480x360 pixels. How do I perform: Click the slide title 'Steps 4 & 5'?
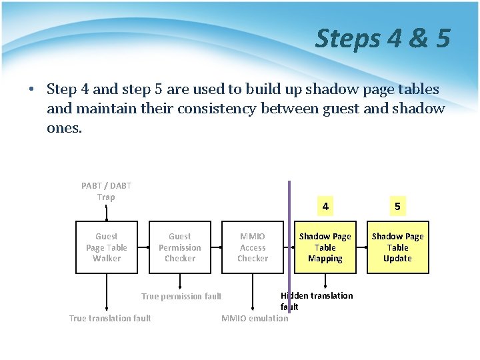tap(383, 38)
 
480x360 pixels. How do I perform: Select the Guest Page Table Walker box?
tap(107, 247)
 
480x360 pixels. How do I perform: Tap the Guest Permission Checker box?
tap(179, 247)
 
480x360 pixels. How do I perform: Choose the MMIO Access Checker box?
tap(253, 247)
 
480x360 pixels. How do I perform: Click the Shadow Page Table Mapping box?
tap(325, 247)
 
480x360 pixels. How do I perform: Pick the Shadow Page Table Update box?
tap(397, 247)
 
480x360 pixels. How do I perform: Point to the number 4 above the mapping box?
tap(325, 207)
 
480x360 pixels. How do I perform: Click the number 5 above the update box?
tap(397, 207)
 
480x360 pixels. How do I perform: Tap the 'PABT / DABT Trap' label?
tap(106, 191)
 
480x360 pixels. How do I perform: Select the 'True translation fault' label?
tap(110, 318)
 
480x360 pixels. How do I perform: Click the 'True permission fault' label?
tap(181, 297)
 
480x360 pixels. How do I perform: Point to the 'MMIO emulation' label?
tap(255, 318)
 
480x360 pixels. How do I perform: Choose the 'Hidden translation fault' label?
tap(317, 301)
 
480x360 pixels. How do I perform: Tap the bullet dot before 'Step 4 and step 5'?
tap(31, 90)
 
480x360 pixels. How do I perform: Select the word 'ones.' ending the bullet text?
tap(65, 127)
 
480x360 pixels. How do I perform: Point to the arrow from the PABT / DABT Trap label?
tap(107, 212)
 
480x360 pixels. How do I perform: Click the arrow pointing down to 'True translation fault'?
tap(107, 293)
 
